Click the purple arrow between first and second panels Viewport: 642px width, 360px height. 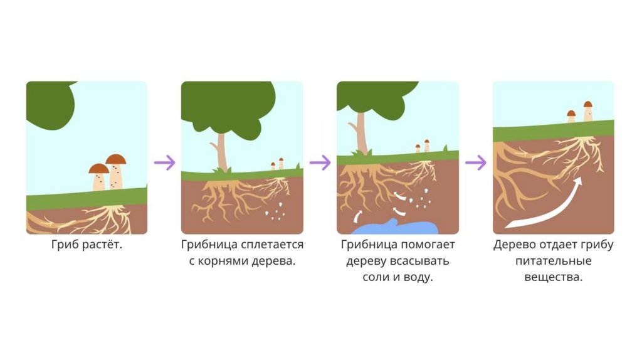coord(164,162)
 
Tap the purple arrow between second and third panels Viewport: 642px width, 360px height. coord(320,162)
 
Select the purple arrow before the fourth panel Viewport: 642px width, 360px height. coord(475,162)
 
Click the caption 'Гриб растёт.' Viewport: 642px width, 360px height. coord(87,245)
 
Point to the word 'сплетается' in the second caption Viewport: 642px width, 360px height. coord(273,245)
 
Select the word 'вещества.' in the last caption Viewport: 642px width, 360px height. coord(554,277)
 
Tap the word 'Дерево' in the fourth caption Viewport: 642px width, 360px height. coord(513,245)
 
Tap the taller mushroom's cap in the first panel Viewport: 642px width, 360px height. coord(116,159)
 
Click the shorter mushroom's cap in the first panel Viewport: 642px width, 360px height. coord(98,168)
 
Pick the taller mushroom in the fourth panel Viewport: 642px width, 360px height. coord(587,111)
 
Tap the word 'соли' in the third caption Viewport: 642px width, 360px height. coord(375,277)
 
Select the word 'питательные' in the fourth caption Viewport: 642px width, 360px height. coord(553,261)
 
